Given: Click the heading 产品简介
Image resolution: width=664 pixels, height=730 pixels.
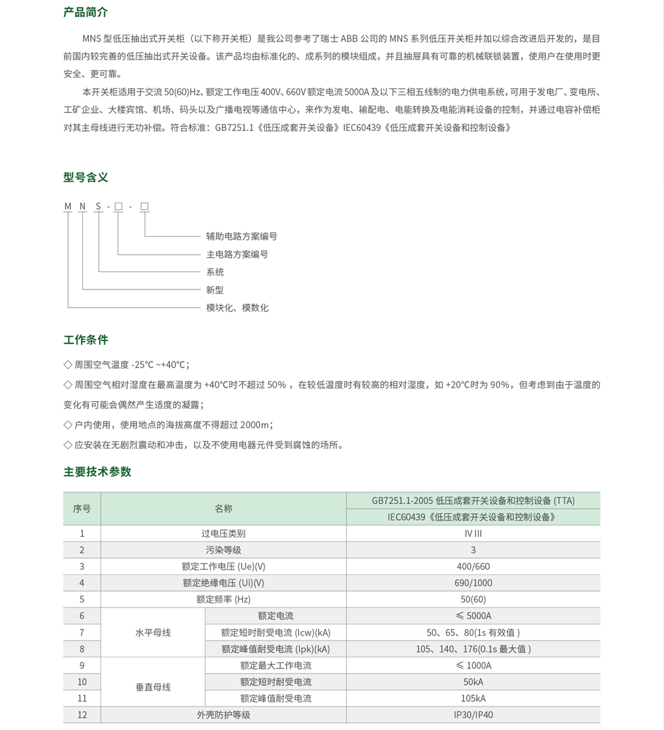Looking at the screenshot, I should click(86, 13).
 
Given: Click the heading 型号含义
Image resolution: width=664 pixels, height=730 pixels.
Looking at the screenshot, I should click(86, 177).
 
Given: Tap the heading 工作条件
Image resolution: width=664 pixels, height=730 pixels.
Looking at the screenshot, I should click(86, 340).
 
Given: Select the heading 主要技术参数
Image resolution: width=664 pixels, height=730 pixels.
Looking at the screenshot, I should click(97, 472).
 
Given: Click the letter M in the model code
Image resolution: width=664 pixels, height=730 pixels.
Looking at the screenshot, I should click(68, 207).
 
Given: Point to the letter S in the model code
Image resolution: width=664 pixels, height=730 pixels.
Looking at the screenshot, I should click(98, 207).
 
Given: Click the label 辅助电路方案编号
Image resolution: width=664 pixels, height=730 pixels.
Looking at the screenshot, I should click(241, 237).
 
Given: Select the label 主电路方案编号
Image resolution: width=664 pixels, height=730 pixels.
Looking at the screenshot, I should click(237, 255).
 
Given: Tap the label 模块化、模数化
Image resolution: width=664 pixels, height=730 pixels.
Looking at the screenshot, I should click(237, 308).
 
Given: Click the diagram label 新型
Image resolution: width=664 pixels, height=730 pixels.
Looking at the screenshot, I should click(215, 290).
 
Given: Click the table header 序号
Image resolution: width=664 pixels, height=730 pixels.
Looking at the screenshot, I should click(82, 509).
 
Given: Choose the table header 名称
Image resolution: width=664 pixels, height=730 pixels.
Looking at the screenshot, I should click(223, 509).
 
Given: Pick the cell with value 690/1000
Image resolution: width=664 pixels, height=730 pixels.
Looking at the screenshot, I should click(473, 583).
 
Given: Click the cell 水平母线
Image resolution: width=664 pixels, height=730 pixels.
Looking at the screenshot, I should click(153, 632).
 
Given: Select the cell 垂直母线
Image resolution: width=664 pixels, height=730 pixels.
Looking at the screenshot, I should click(153, 687).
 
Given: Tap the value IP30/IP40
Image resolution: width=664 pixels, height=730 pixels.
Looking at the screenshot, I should click(473, 715).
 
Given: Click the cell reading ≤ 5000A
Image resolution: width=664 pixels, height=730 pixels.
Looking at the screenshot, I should click(473, 616).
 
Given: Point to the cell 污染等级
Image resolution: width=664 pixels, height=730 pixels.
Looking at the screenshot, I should click(223, 550).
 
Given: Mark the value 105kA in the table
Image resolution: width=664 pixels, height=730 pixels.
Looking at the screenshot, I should click(473, 699).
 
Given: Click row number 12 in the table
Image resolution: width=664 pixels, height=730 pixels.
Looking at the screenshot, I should click(82, 715).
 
